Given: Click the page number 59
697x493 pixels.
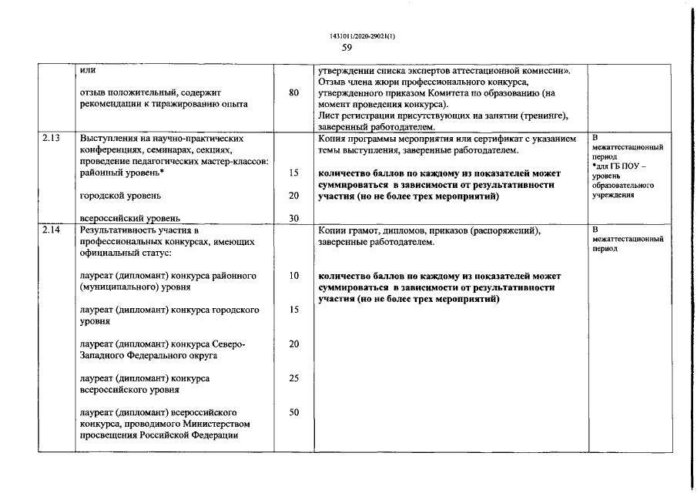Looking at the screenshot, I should (x=347, y=47).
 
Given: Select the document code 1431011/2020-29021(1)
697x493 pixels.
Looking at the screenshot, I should (x=347, y=35).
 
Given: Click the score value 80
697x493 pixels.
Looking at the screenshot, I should (x=293, y=93).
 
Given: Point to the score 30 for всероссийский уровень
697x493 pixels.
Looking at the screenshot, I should (x=293, y=218).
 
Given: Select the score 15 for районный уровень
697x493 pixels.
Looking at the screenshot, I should (x=293, y=173).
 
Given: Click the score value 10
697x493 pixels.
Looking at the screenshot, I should (x=293, y=276).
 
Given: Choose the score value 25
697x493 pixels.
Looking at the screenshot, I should (x=293, y=378).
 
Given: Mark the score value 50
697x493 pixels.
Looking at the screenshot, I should (x=293, y=412).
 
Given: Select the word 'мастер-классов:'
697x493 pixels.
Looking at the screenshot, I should (x=235, y=162).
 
